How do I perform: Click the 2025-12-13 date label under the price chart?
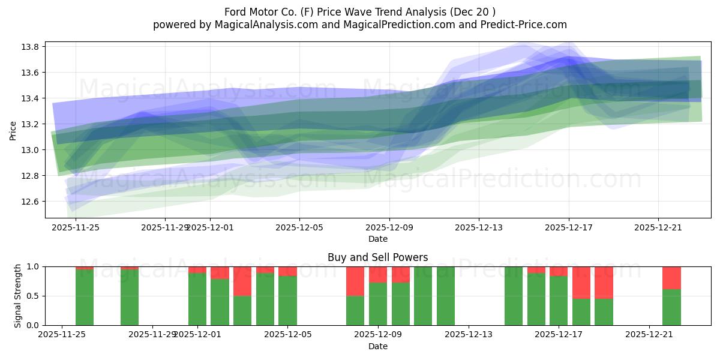pyautogui.click(x=478, y=227)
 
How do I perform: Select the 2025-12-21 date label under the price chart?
pyautogui.click(x=658, y=227)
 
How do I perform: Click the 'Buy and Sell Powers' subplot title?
pyautogui.click(x=377, y=257)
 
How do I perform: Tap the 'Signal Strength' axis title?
pyautogui.click(x=18, y=296)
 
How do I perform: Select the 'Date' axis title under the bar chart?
pyautogui.click(x=377, y=346)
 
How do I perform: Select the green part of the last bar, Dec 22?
pyautogui.click(x=671, y=307)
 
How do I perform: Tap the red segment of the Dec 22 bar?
pyautogui.click(x=671, y=278)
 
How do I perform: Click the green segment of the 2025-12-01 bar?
pyautogui.click(x=197, y=299)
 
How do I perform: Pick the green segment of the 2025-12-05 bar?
pyautogui.click(x=287, y=301)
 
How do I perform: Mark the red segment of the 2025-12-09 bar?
pyautogui.click(x=378, y=274)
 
